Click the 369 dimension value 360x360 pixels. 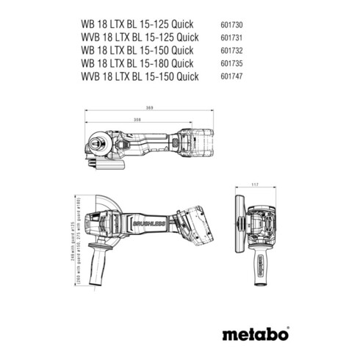pos(150,109)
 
